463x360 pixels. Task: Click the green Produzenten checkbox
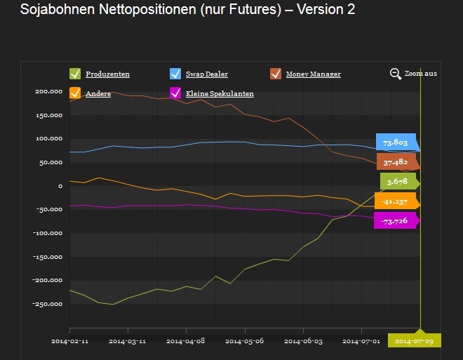coord(75,74)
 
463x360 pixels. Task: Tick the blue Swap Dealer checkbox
coord(175,74)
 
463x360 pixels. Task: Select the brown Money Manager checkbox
coord(276,74)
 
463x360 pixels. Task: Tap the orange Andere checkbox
coord(75,93)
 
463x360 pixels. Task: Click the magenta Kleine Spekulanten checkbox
coord(175,93)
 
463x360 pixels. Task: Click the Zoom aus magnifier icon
coord(396,74)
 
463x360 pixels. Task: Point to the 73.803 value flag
coord(396,142)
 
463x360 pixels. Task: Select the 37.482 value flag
coord(397,161)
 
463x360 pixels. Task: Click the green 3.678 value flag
coord(398,182)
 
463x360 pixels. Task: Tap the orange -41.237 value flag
coord(396,201)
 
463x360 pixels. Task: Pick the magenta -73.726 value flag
coord(396,221)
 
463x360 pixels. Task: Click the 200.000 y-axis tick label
coord(48,92)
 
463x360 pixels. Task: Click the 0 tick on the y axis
coord(61,186)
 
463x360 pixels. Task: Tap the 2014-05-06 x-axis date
coord(244,341)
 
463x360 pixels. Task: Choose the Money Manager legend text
coord(314,74)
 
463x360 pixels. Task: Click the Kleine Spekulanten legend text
coord(220,94)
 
